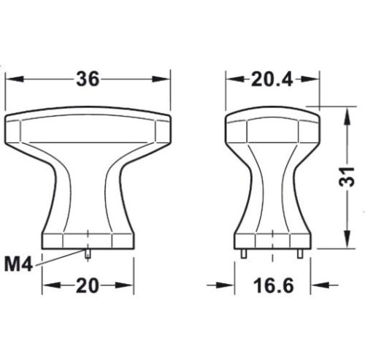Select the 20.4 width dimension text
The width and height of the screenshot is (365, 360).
272,80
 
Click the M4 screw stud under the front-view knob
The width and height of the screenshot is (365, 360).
88,252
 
